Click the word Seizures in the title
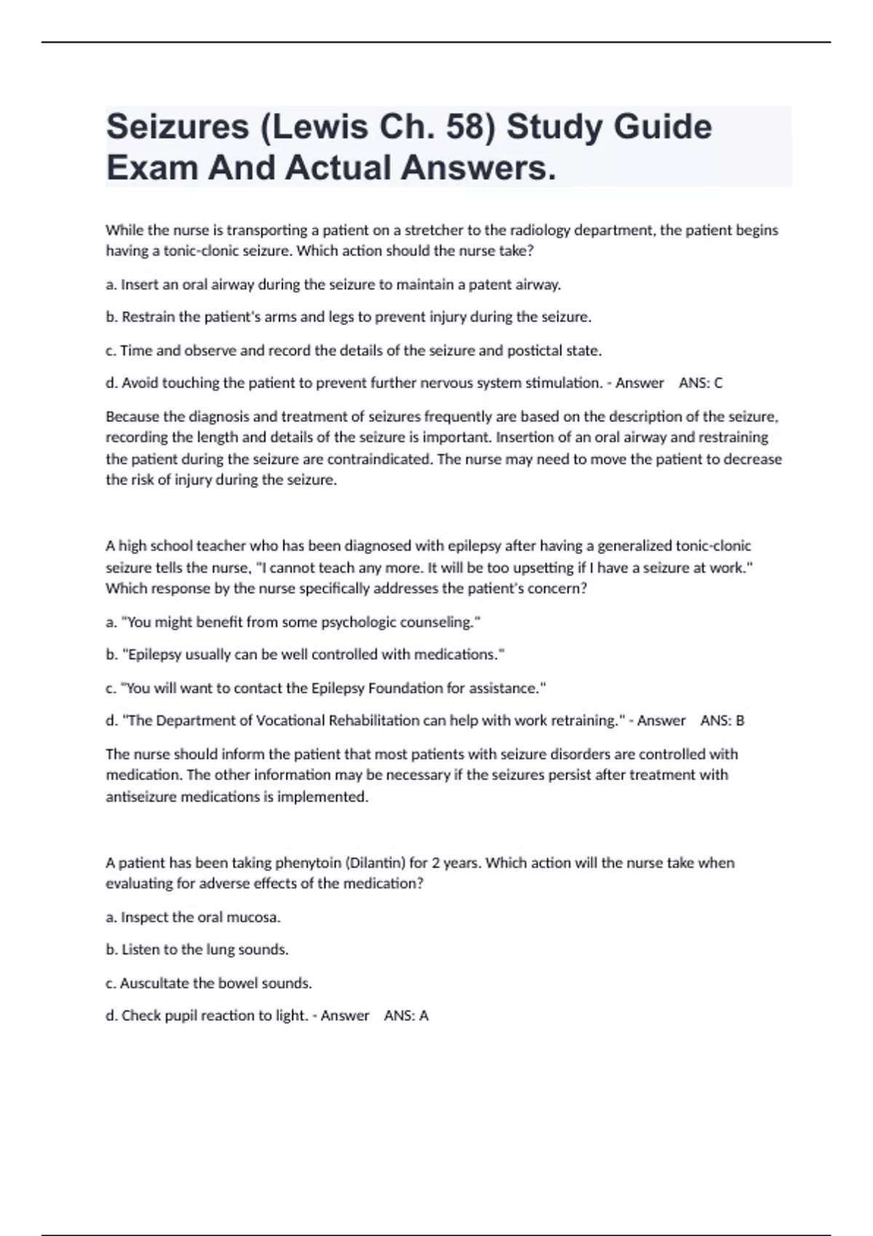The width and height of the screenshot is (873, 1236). coord(178,127)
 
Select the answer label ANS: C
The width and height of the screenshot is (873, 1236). coord(701,383)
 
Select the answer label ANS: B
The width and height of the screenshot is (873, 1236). coord(722,721)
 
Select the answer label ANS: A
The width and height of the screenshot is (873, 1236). coord(406,1016)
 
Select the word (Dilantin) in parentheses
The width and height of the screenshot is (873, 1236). coord(375,863)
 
